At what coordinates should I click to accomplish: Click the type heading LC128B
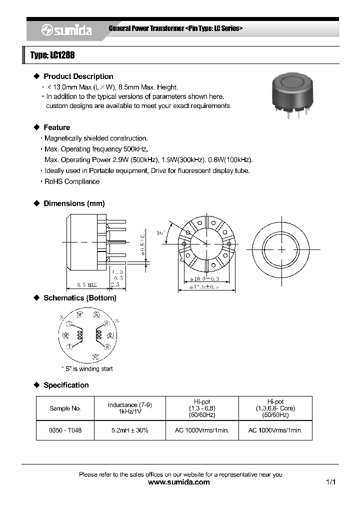coord(52,55)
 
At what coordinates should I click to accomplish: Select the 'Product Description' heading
coord(78,76)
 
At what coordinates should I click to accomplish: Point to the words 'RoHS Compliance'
coord(72,181)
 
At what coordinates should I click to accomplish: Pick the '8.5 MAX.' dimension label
coord(86,285)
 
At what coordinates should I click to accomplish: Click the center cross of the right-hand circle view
coord(281,248)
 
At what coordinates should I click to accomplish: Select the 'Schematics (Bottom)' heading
coord(79,298)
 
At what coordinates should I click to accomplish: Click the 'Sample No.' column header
coord(65,408)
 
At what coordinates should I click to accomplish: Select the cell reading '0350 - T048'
coord(65,430)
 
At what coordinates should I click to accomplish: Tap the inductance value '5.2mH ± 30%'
coord(130,430)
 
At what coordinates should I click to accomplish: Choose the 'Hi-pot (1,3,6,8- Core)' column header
coord(275,408)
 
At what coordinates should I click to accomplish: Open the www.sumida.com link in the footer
coord(179,482)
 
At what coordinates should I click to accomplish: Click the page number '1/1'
coord(330,482)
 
